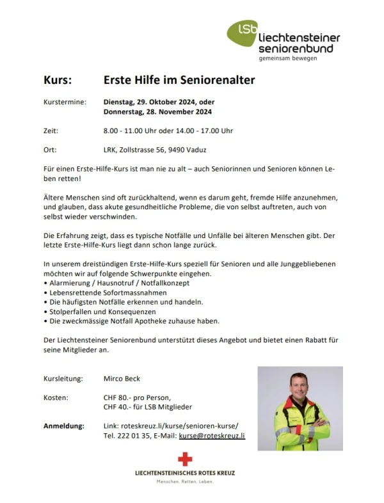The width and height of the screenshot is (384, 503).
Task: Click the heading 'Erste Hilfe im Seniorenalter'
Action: (x=179, y=81)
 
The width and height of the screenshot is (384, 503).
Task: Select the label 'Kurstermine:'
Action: (x=64, y=102)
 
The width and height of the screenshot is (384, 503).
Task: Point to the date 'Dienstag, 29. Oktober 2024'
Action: (x=150, y=102)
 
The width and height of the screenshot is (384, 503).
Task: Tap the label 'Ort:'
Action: (x=51, y=150)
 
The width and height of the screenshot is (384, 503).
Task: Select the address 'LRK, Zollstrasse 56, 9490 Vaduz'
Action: (x=155, y=150)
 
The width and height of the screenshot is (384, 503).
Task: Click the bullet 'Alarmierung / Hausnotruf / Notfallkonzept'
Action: (x=118, y=282)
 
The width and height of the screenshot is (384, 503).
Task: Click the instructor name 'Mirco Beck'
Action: (x=122, y=378)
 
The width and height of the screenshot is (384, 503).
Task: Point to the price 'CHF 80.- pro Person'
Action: (x=137, y=397)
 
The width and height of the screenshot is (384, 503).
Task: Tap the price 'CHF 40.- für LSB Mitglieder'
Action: (x=148, y=407)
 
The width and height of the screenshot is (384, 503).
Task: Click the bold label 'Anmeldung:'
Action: (x=64, y=426)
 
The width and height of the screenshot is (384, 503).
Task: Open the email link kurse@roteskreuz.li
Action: (x=212, y=435)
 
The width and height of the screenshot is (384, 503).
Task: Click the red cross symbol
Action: (x=185, y=458)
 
